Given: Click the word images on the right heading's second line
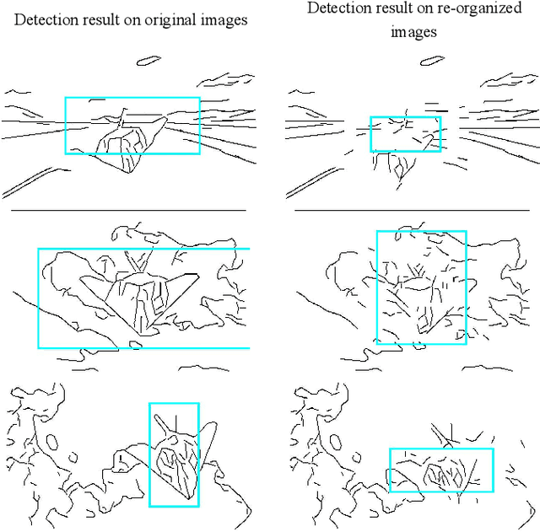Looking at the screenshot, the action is tap(413, 32).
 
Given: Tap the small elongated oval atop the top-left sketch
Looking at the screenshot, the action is tap(148, 61).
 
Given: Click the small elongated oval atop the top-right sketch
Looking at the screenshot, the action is tap(432, 61).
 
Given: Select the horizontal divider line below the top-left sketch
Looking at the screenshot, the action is tap(128, 210).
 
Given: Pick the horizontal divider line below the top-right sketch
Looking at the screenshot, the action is tap(413, 210).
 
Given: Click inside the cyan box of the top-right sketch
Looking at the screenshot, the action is tap(406, 134).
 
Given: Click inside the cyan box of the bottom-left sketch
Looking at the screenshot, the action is tap(174, 454).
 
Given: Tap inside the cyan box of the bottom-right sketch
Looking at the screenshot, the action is tap(441, 470).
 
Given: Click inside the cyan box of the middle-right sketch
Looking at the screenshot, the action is tap(422, 287).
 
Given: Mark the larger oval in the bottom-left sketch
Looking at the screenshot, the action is tap(52, 442).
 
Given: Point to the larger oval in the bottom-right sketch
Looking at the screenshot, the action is tap(336, 442).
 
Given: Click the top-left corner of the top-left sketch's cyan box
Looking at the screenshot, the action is tap(66, 98).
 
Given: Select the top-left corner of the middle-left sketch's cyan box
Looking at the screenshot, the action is tap(39, 249).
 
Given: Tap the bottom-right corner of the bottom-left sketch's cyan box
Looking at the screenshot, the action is tap(199, 506).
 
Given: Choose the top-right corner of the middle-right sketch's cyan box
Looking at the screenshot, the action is tap(467, 231).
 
